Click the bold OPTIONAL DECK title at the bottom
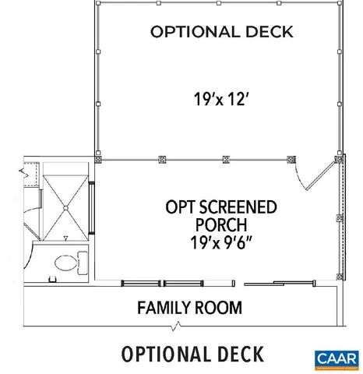(x=192, y=353)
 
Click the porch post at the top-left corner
(x=97, y=159)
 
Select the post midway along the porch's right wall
(x=340, y=217)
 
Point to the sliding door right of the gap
(x=290, y=282)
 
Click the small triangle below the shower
(x=67, y=236)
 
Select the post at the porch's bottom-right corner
(x=340, y=274)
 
